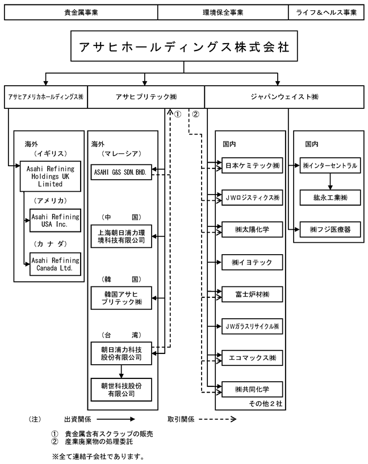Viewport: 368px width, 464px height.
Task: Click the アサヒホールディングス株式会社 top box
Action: click(x=184, y=46)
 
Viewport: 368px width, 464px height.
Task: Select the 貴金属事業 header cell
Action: click(x=81, y=12)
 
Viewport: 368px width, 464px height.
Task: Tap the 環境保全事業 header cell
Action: click(x=223, y=12)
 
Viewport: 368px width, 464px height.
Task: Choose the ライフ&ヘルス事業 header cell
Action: click(x=326, y=12)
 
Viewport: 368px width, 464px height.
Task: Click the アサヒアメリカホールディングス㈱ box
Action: click(x=46, y=97)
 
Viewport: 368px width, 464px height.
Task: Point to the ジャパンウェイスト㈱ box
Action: click(x=285, y=97)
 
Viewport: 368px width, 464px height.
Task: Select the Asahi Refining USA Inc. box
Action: click(x=55, y=221)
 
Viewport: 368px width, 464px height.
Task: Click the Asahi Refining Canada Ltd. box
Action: click(x=55, y=264)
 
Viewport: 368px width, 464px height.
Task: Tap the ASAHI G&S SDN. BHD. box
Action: click(x=121, y=172)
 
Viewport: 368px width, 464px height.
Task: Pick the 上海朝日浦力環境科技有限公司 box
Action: click(x=121, y=237)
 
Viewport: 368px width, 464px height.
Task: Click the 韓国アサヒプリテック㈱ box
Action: click(x=121, y=298)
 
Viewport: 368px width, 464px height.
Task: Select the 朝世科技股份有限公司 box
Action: click(x=121, y=390)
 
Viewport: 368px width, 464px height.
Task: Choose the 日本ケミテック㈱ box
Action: click(x=252, y=166)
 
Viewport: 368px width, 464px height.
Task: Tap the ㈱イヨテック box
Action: click(x=252, y=262)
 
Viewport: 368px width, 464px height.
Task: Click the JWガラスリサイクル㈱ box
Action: click(x=252, y=326)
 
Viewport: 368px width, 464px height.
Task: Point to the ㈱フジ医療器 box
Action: click(x=331, y=229)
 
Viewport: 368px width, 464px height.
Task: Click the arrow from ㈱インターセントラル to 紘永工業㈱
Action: click(x=331, y=182)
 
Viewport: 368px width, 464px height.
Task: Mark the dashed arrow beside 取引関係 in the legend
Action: click(x=218, y=419)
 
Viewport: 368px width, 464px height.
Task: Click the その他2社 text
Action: click(x=265, y=404)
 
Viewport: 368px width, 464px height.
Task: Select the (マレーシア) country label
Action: click(x=121, y=154)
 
